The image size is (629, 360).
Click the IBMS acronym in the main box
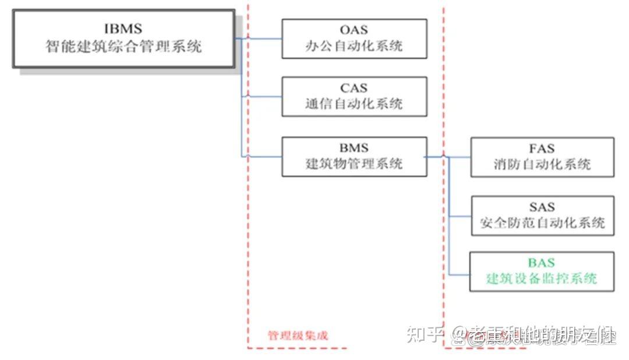123,29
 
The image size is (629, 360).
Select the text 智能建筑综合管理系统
123,47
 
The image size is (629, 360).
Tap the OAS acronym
354,30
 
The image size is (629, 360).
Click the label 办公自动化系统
354,46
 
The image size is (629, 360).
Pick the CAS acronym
354,88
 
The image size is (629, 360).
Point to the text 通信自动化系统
354,104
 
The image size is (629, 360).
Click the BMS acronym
354,148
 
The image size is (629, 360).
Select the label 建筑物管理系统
354,164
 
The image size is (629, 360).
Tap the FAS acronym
541,148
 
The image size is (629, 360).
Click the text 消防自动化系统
541,164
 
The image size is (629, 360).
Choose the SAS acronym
542,207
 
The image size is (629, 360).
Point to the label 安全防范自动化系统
542,223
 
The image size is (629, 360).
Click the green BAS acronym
541,263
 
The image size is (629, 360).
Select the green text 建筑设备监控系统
541,279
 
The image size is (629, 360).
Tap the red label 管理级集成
298,336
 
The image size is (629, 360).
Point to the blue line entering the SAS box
460,216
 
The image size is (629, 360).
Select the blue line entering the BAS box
460,274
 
